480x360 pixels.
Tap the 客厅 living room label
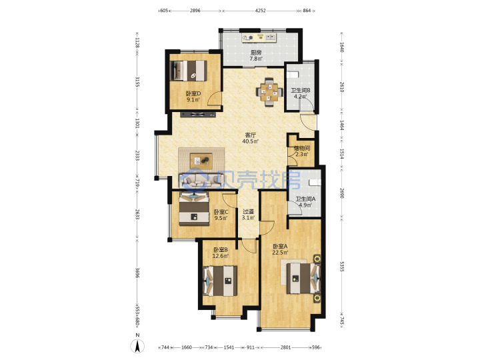tap(251, 135)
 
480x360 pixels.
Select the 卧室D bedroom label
tap(193, 93)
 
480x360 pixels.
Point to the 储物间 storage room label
tap(301, 148)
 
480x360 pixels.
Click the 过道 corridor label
tap(248, 211)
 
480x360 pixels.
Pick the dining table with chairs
tap(269, 92)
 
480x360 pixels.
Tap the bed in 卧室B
tap(221, 281)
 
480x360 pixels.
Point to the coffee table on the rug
tap(201, 161)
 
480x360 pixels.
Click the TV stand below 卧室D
tap(198, 115)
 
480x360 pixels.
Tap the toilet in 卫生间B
tap(293, 75)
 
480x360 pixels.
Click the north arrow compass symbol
tap(138, 346)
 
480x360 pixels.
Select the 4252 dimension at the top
tap(261, 11)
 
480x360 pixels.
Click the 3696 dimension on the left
tap(138, 274)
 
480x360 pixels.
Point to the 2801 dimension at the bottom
tap(285, 347)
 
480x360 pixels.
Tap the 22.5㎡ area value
tap(281, 253)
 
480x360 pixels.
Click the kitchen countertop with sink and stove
tap(259, 37)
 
